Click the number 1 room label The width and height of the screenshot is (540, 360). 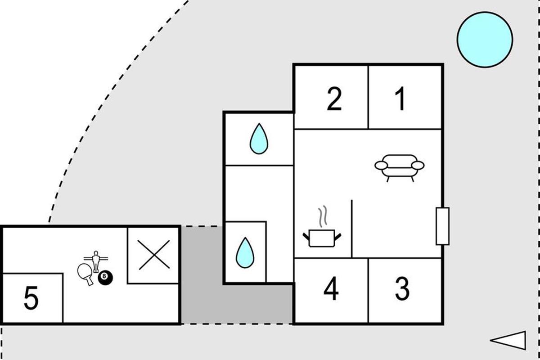[400, 99]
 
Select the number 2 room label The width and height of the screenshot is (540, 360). [334, 99]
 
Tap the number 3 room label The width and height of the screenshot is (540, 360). [402, 288]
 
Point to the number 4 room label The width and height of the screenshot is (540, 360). [331, 288]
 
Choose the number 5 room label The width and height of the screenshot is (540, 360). [31, 298]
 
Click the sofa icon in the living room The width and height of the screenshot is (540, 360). [400, 168]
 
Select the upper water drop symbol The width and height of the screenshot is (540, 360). [259, 139]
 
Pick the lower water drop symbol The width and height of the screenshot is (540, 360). [245, 253]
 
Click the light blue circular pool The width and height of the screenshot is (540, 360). [485, 40]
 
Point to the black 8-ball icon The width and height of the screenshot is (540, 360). [105, 278]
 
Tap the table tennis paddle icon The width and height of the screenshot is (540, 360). [85, 274]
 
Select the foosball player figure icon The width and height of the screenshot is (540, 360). [96, 261]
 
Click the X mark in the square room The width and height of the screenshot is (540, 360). [154, 255]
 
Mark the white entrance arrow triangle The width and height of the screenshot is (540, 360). [508, 340]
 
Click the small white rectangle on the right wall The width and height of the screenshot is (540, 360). [443, 226]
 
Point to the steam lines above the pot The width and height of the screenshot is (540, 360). [323, 216]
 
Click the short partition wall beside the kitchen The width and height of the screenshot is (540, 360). [352, 229]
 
